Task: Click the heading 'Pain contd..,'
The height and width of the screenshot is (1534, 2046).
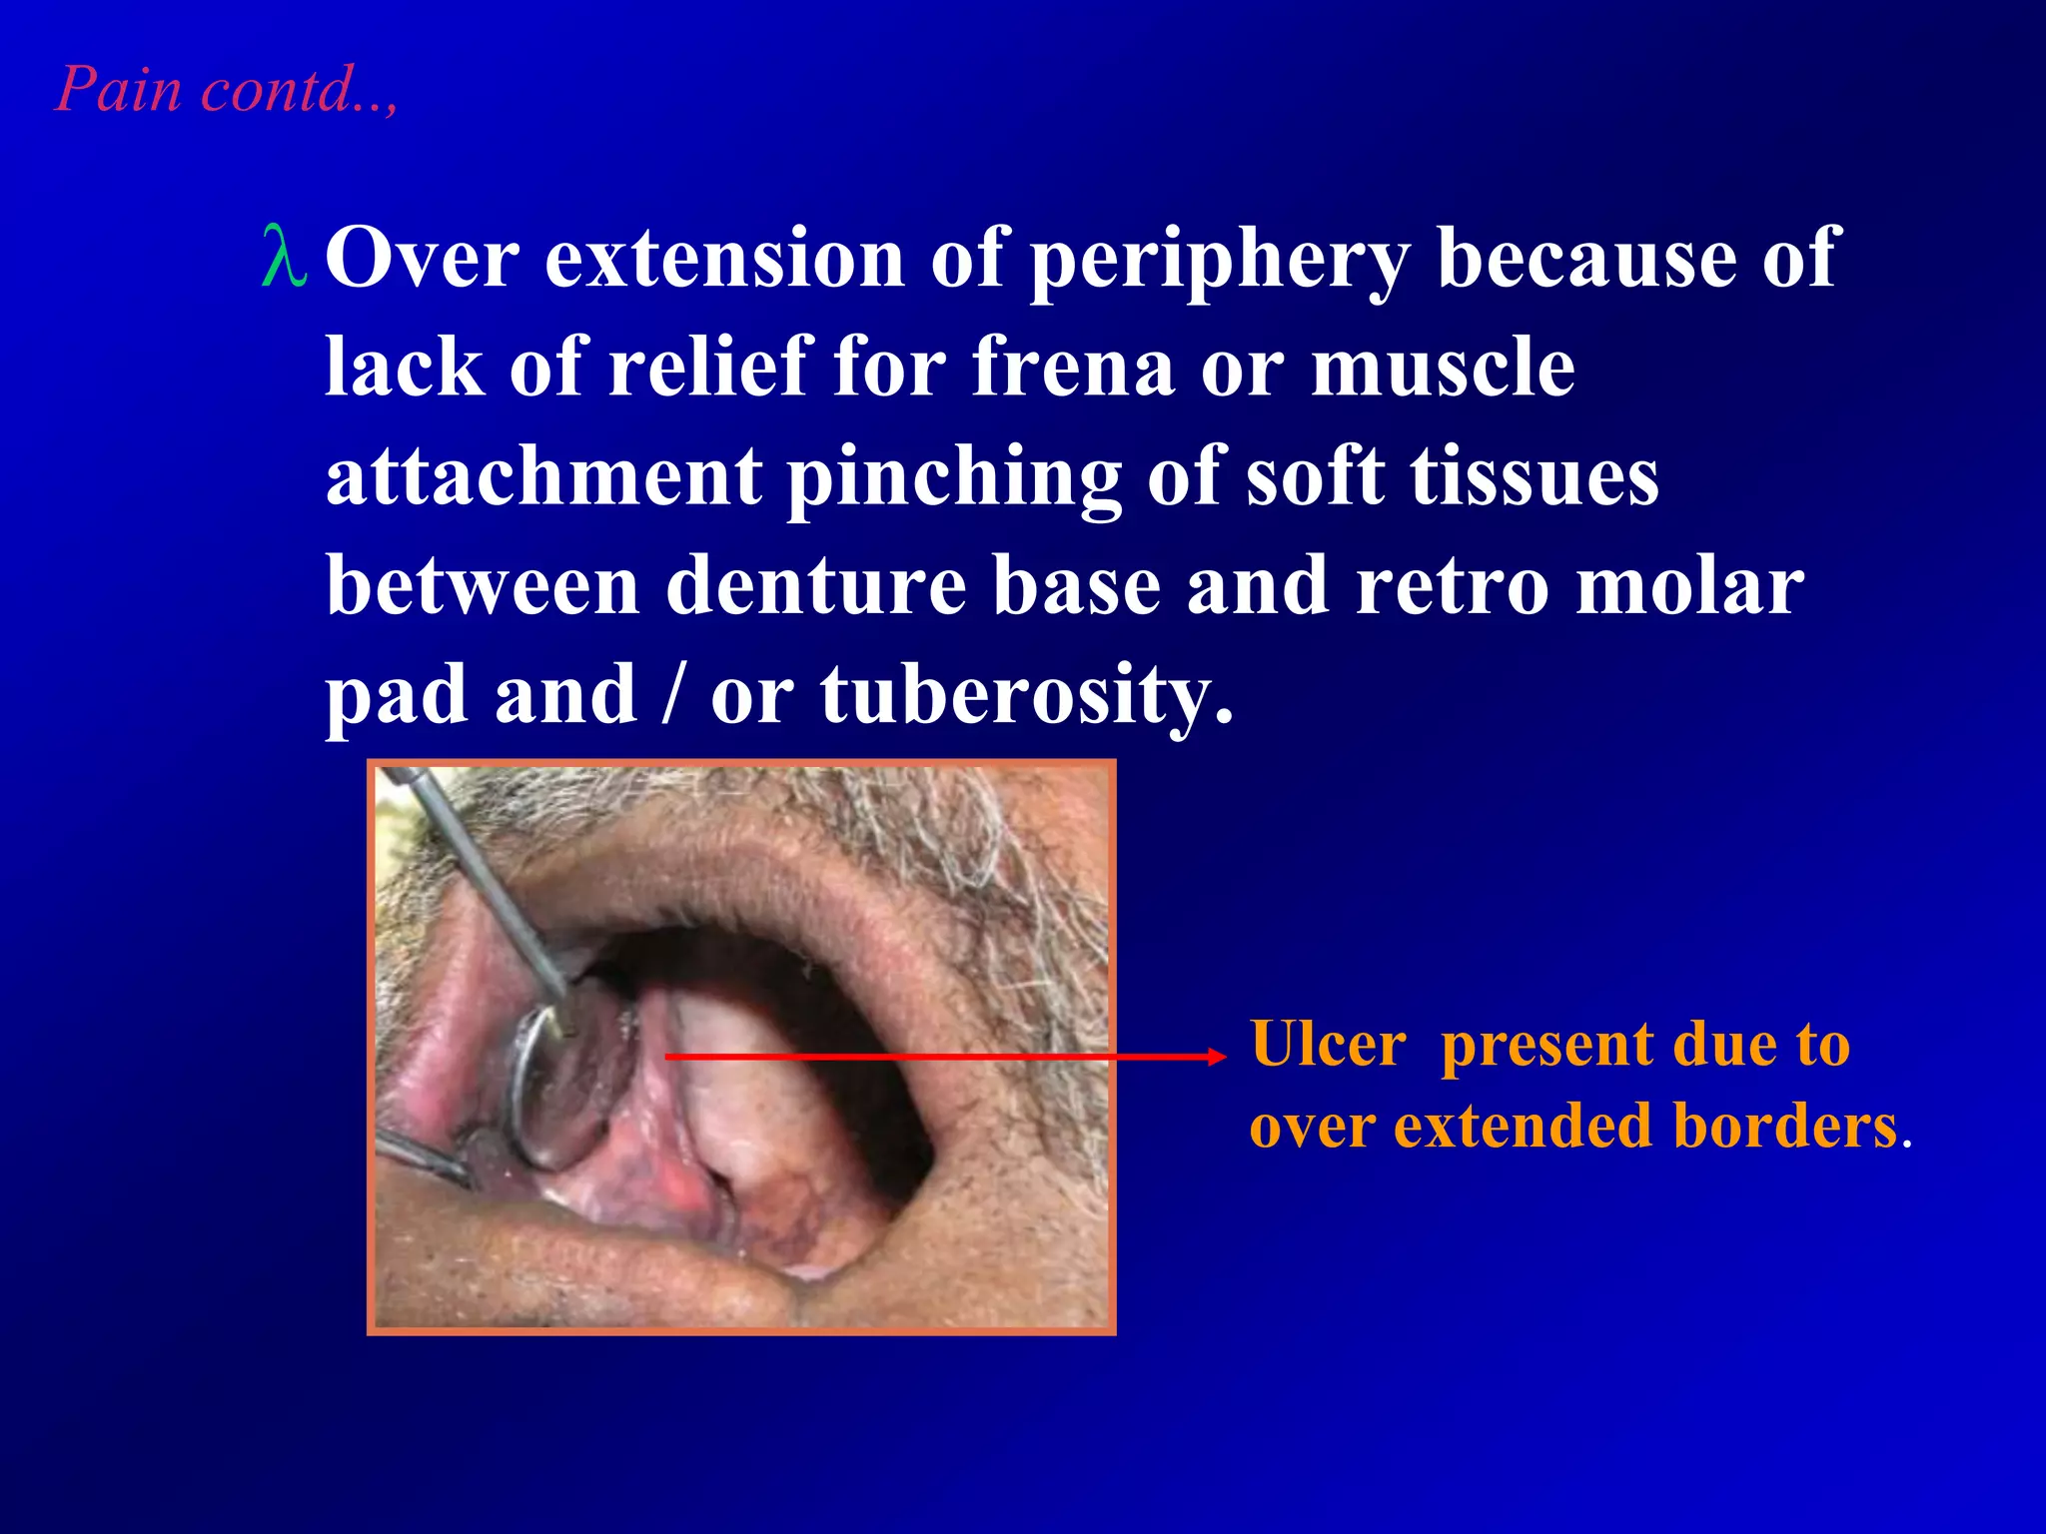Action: (226, 89)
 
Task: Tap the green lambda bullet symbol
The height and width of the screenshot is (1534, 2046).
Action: (283, 258)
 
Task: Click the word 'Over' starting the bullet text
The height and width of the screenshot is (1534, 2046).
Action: (422, 258)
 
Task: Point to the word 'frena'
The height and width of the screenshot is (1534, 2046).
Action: (1073, 367)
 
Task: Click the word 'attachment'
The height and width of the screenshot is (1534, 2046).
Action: (543, 476)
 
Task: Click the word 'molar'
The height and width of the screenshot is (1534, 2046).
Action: (1689, 586)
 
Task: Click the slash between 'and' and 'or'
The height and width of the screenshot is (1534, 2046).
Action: (673, 696)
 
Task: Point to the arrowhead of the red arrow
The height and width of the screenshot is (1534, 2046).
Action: (1216, 1056)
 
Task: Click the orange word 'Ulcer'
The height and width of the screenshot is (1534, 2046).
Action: (1329, 1045)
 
